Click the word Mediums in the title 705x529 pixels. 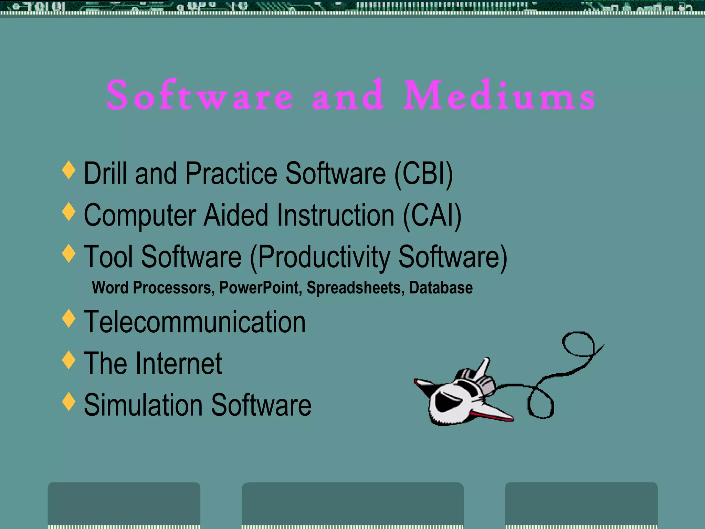point(499,96)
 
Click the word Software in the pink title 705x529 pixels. point(200,96)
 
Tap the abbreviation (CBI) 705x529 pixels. point(423,174)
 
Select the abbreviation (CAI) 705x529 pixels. point(432,216)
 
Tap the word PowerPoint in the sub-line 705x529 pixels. point(260,288)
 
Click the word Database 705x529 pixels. point(441,288)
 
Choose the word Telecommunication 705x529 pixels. point(195,322)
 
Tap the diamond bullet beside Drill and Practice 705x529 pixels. point(69,169)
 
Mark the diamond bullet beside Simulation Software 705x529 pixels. point(69,401)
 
